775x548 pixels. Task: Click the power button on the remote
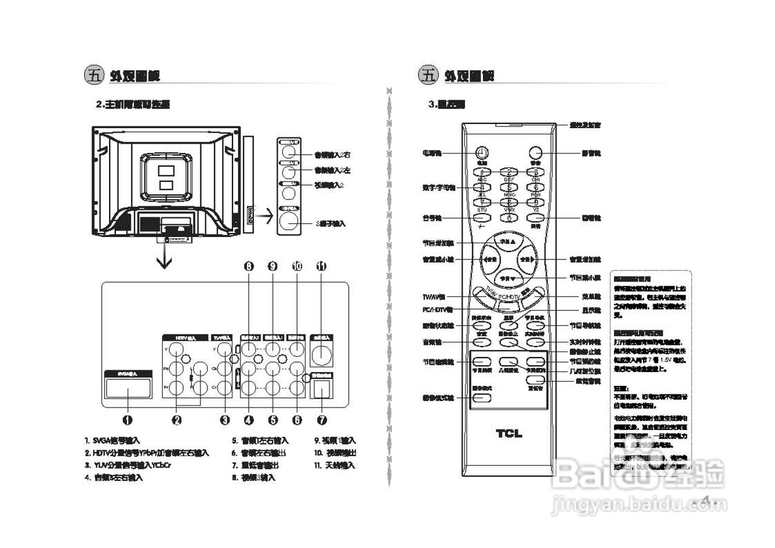point(483,153)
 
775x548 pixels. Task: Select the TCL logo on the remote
point(509,433)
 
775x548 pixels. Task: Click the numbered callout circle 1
point(128,419)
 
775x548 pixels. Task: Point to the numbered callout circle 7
point(322,419)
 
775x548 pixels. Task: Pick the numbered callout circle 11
point(322,266)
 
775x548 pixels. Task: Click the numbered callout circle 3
point(225,419)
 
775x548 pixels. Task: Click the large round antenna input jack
point(321,353)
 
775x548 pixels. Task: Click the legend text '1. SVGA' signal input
point(113,441)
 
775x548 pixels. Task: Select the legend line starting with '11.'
point(334,465)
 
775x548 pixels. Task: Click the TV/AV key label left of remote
point(434,297)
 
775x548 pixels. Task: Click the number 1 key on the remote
point(483,172)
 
